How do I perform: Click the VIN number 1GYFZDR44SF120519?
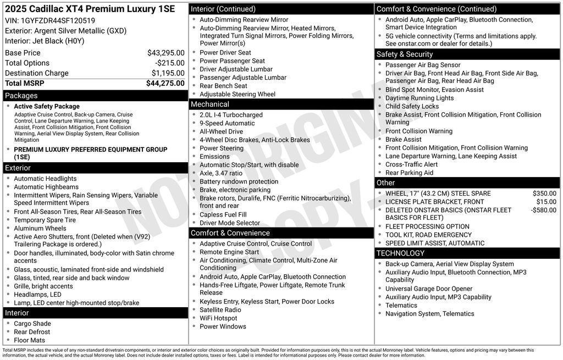[57, 20]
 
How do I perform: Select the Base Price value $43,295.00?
[165, 53]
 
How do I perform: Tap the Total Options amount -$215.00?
[169, 63]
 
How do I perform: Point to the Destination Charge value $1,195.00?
[168, 73]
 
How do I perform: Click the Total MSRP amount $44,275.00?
[165, 84]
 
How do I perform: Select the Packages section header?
[21, 96]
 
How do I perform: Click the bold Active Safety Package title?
[47, 107]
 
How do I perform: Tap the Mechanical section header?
[210, 104]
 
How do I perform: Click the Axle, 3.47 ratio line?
[220, 173]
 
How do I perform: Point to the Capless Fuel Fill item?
[223, 214]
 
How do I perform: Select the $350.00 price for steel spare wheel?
[544, 193]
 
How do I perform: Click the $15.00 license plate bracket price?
[547, 202]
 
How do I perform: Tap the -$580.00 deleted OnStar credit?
[543, 210]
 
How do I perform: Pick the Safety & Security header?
[405, 54]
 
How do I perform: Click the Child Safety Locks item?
[412, 106]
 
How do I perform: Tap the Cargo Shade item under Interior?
[32, 324]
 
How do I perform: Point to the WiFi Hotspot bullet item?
[218, 318]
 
